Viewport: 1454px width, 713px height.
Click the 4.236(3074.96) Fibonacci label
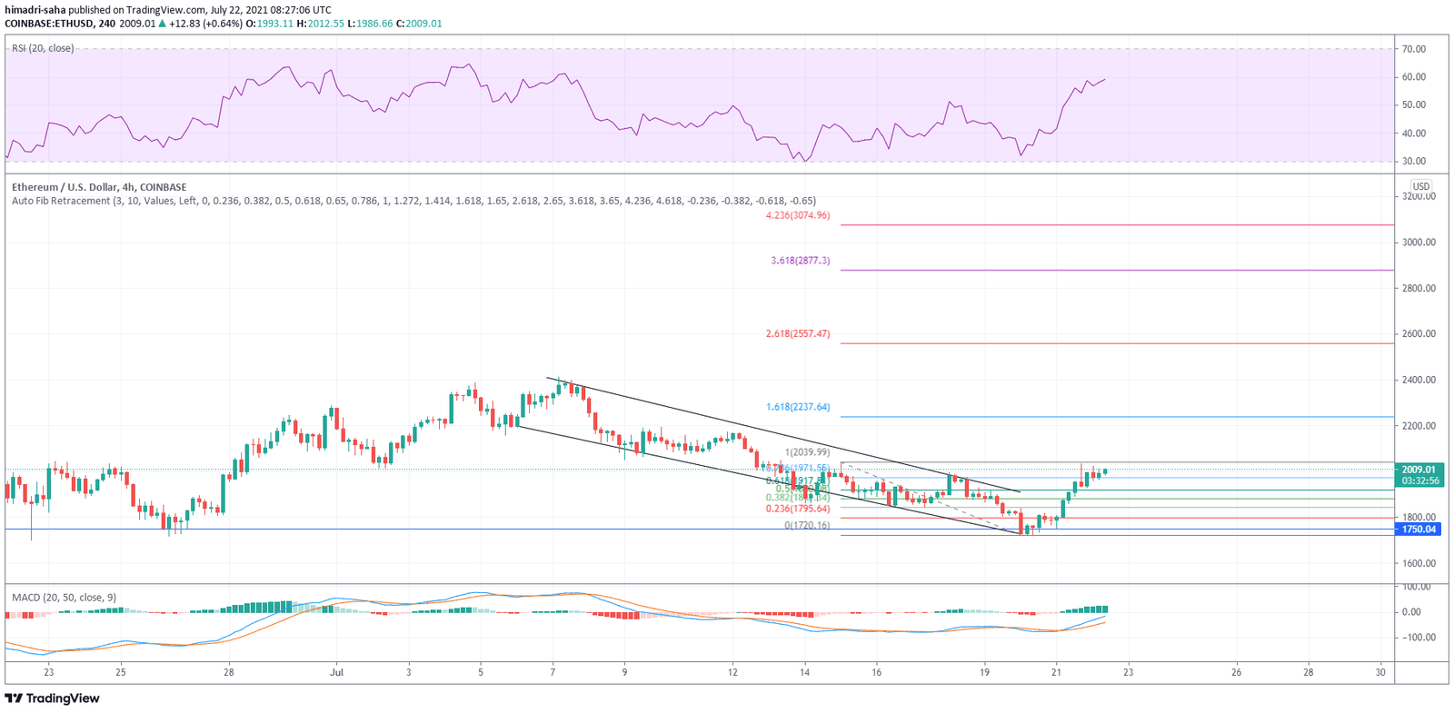[797, 216]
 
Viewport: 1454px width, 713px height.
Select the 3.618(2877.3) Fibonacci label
[800, 261]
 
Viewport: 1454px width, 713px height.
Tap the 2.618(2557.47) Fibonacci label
[797, 334]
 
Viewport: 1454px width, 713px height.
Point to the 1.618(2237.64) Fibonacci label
[797, 408]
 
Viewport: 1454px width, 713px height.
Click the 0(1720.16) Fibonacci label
[807, 526]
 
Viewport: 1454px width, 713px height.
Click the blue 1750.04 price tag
[1418, 530]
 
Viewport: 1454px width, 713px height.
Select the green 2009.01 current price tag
[1418, 470]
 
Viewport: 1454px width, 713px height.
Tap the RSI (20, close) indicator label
[43, 48]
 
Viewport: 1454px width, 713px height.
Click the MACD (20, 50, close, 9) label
[64, 598]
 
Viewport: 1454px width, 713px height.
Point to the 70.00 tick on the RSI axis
[1413, 49]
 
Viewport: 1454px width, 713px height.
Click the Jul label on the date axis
[337, 673]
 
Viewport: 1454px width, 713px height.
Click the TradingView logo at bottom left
[53, 698]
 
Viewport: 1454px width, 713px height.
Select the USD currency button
[1420, 186]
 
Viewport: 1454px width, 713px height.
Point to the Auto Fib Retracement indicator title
[413, 202]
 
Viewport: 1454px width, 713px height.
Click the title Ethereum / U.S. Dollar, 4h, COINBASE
[99, 188]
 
